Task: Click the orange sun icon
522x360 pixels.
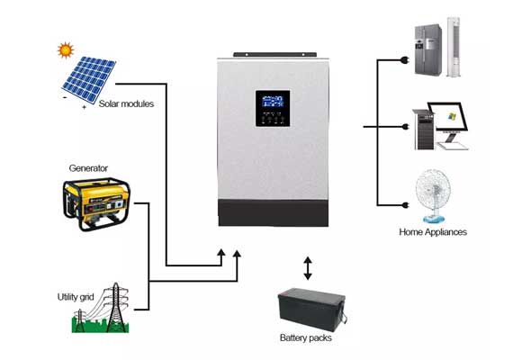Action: point(66,50)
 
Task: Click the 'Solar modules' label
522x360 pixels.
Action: point(126,103)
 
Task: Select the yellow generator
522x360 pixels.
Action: point(96,204)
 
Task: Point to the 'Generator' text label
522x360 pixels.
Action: point(88,168)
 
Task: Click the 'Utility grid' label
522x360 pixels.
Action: point(76,297)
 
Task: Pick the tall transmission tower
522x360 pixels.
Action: point(116,308)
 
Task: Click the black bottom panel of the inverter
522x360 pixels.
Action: point(274,212)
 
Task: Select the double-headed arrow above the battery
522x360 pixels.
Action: point(308,268)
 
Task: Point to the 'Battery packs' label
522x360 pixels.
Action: point(306,338)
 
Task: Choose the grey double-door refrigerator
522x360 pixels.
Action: point(428,49)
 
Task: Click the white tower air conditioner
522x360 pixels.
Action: point(454,47)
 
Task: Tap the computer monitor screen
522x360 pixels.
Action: point(448,117)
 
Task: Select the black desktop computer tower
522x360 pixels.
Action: point(424,130)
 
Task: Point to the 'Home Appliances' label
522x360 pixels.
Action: point(433,232)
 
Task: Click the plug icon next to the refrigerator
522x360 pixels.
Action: point(405,60)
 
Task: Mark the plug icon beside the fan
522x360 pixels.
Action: point(405,205)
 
